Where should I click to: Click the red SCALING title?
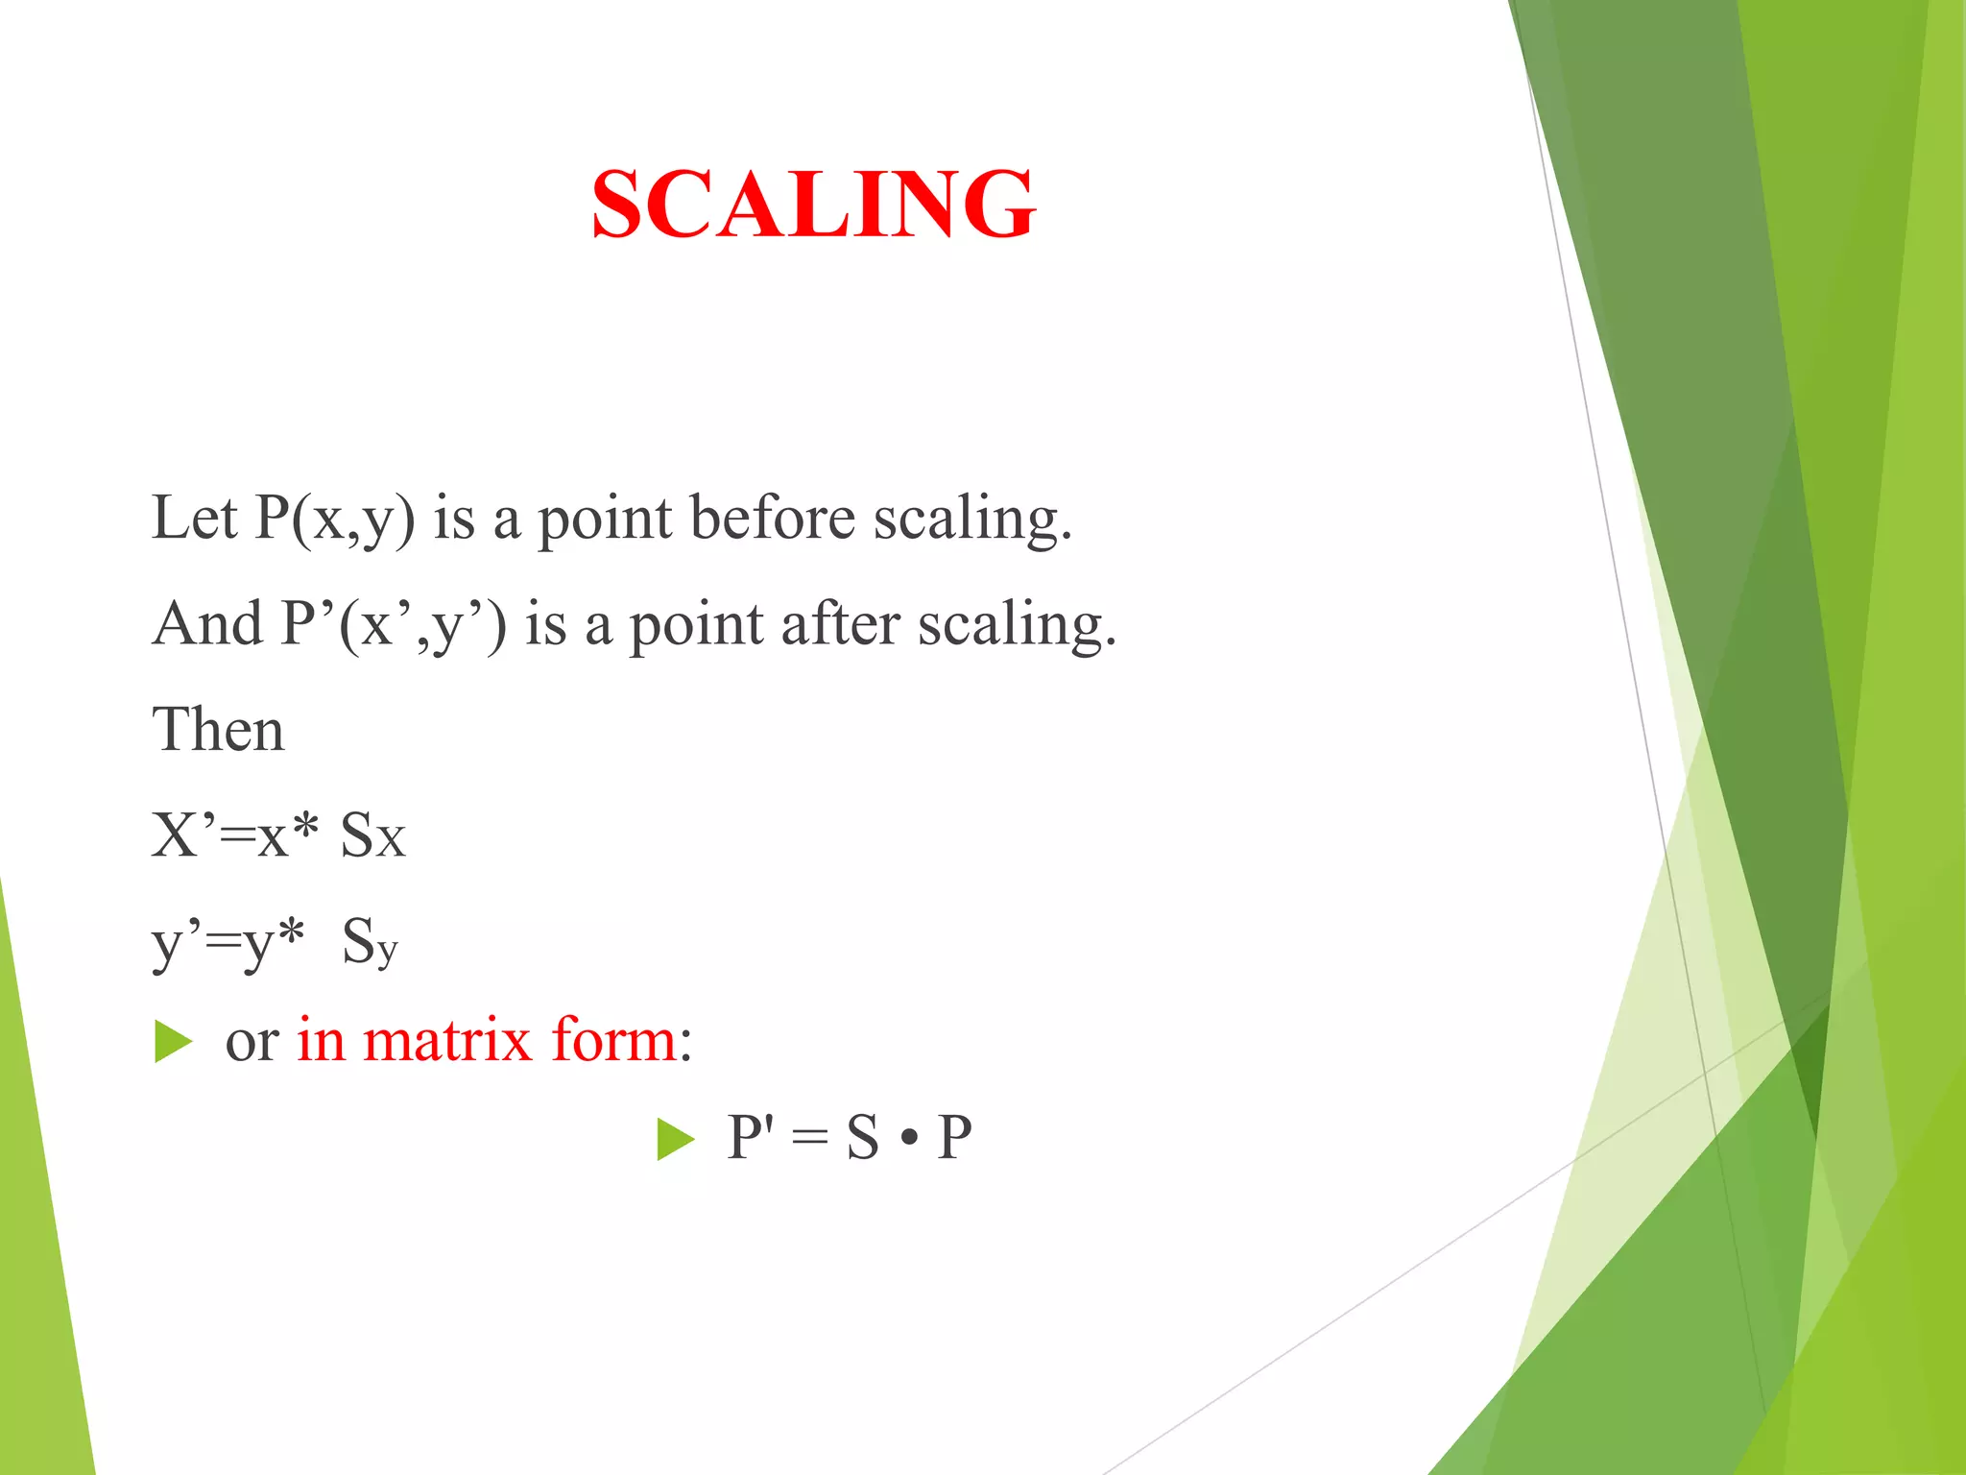pos(813,204)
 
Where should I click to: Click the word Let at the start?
pos(194,519)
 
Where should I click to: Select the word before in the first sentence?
pos(772,519)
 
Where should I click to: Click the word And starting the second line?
pos(207,624)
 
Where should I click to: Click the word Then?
pos(218,730)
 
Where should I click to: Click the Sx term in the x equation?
pos(373,835)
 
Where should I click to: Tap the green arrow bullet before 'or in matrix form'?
pos(174,1042)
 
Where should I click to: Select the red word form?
pos(614,1040)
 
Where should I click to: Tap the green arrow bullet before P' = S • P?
pos(676,1140)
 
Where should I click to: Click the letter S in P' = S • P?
pos(862,1138)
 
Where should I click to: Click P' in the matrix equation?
pos(750,1138)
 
